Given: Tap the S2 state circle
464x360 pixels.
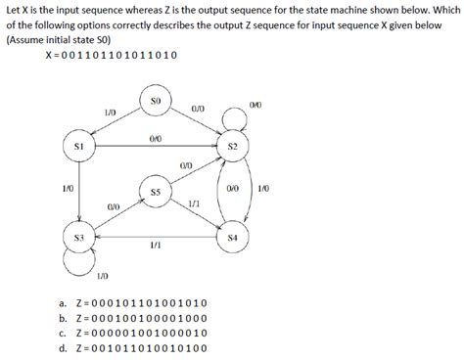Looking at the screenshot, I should tap(232, 146).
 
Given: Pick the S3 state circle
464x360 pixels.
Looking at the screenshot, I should tap(80, 238).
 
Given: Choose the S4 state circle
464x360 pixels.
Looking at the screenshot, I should tap(232, 237).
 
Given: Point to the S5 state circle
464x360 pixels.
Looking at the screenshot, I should tap(155, 192).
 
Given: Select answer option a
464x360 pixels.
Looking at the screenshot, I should tap(132, 303).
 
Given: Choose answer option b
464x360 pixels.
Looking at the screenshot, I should tap(132, 318).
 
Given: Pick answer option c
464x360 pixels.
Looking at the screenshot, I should tap(132, 333).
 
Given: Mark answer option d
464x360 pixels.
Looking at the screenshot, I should tap(132, 346).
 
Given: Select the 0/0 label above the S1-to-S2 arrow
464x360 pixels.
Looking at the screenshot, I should tap(155, 138).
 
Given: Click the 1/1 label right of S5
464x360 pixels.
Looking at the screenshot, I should tap(194, 202).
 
